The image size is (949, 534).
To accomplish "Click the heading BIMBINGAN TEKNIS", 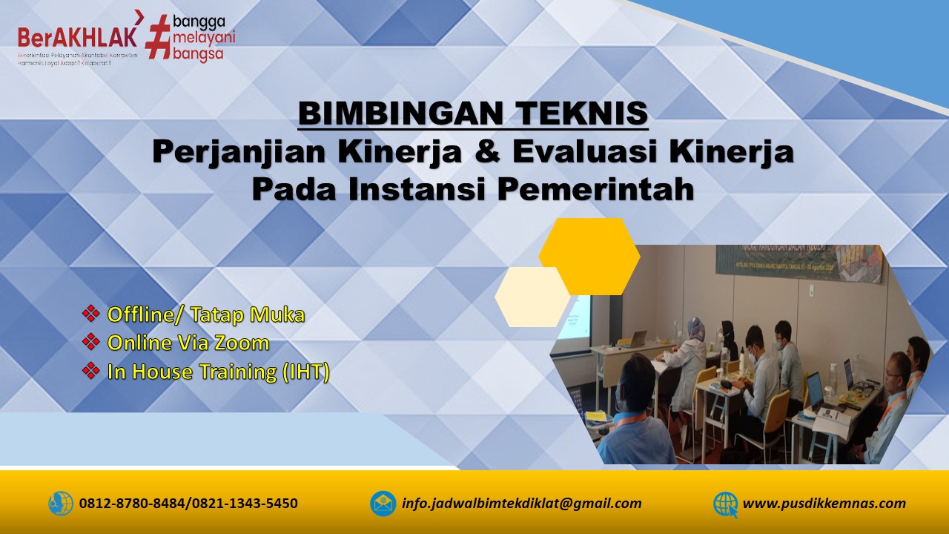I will pyautogui.click(x=473, y=113).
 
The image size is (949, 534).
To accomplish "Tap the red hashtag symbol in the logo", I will pyautogui.click(x=157, y=36).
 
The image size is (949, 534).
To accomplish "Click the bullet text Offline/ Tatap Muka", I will pyautogui.click(x=206, y=314).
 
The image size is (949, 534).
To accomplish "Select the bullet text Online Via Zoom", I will pyautogui.click(x=188, y=343).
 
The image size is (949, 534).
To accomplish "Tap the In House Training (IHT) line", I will pyautogui.click(x=218, y=371).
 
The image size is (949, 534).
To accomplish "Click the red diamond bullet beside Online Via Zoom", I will pyautogui.click(x=91, y=342).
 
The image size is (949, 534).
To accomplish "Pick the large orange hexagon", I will pyautogui.click(x=589, y=256).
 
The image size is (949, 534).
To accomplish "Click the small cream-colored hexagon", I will pyautogui.click(x=532, y=297).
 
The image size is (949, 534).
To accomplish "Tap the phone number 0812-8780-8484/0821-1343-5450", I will pyautogui.click(x=188, y=504).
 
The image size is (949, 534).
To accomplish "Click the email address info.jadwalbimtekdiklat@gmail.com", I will pyautogui.click(x=521, y=504).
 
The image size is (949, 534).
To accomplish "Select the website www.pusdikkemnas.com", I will pyautogui.click(x=824, y=504).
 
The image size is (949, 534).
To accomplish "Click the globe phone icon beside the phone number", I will pyautogui.click(x=61, y=504).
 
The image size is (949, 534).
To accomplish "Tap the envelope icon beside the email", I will pyautogui.click(x=383, y=504).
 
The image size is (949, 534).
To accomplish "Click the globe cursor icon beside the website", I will pyautogui.click(x=725, y=504).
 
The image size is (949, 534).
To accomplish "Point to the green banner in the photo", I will pyautogui.click(x=797, y=263).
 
